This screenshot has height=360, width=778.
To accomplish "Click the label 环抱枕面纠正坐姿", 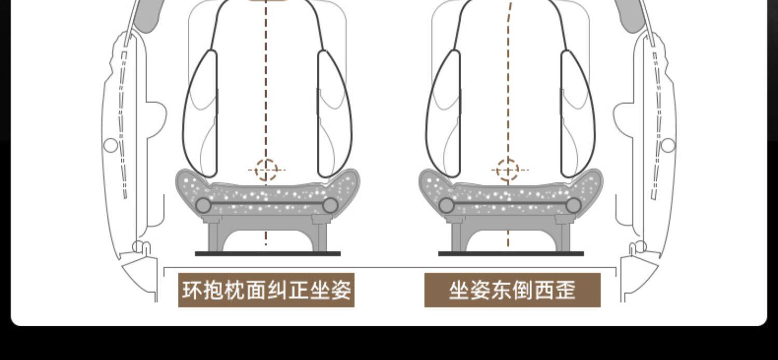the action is point(266,290).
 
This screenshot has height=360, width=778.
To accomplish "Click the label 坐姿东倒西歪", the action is point(512,290).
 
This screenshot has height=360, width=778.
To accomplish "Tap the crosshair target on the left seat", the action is point(266,170).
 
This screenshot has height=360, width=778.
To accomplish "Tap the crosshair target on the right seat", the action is point(508,170).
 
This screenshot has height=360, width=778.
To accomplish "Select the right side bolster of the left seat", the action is point(334,114).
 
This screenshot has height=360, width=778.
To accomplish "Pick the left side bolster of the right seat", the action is point(444,114).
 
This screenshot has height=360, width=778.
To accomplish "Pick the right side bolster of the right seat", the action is point(577,114).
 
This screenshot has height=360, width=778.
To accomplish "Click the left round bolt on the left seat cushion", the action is point(203,205).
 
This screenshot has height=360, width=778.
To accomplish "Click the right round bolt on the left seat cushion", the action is point(330,205).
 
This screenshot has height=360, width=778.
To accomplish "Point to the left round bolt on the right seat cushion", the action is point(447,205).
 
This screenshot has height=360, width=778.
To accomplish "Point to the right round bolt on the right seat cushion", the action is point(573,205).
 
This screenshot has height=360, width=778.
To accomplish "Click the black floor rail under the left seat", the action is point(268,254).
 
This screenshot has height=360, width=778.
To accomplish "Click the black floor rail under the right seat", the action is point(511,254).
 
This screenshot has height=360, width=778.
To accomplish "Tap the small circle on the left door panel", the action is point(110,145).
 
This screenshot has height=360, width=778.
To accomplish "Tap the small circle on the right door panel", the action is point(668,145).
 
